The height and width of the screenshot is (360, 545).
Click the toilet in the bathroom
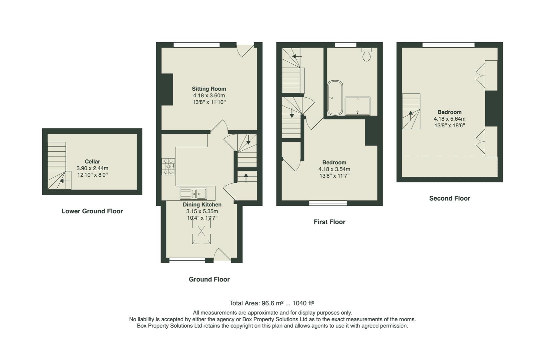click(366, 55)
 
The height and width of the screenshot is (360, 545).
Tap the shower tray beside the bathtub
click(357, 106)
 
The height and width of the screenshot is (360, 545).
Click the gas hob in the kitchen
click(169, 166)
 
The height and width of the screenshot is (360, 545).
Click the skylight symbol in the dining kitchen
click(201, 231)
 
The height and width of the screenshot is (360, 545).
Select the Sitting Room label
click(209, 89)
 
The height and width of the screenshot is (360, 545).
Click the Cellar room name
click(92, 161)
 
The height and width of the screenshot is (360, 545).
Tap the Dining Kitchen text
click(202, 204)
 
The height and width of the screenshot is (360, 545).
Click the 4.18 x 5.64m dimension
click(449, 119)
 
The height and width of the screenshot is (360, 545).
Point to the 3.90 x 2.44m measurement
click(92, 168)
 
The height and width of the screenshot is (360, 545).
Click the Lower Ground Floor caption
click(92, 211)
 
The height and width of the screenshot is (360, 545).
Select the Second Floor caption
click(449, 198)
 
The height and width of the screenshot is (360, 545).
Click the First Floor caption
click(329, 222)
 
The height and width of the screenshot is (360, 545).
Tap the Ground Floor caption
click(209, 279)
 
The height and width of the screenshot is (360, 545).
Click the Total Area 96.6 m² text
click(272, 303)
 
